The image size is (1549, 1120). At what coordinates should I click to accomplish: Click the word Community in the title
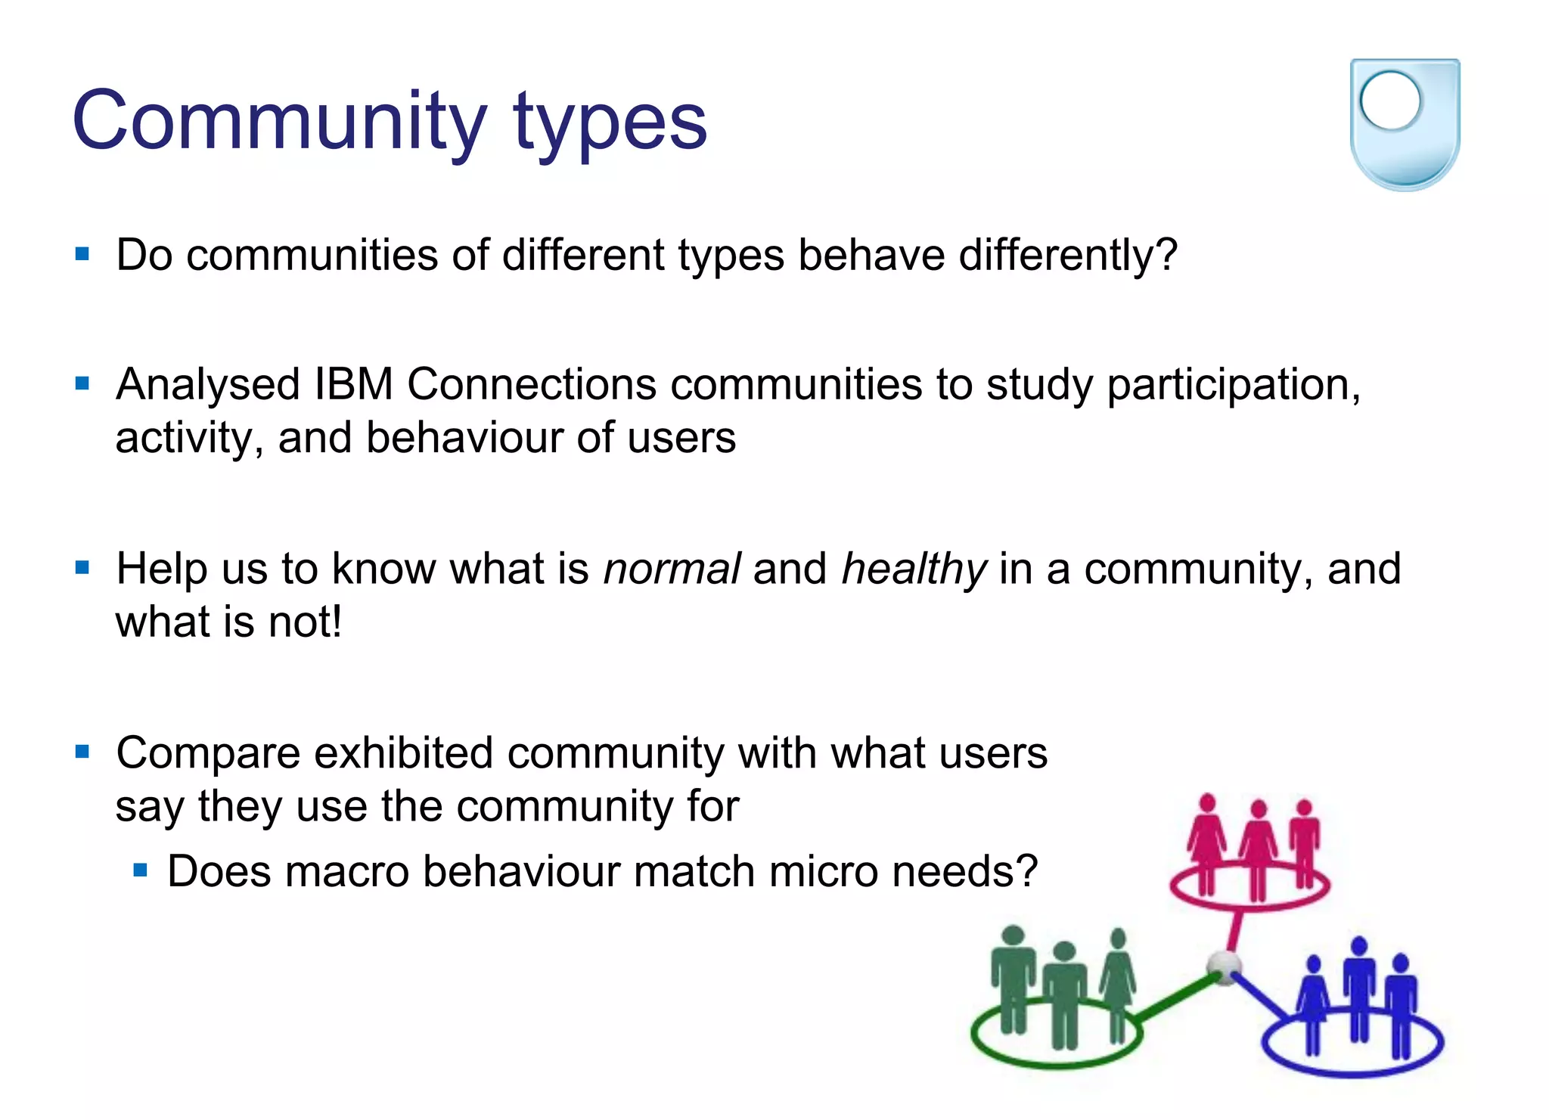[x=280, y=121]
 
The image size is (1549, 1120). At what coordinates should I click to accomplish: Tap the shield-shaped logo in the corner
[x=1405, y=125]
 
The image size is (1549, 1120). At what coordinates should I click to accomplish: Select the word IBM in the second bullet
[x=353, y=384]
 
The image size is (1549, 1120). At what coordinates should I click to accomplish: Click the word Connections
[x=532, y=384]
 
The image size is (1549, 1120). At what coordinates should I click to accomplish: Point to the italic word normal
[x=672, y=569]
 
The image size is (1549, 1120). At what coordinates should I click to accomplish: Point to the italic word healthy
[x=914, y=570]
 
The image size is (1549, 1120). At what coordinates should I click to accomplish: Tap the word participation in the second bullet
[x=1233, y=386]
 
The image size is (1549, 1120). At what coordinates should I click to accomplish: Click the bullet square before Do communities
[x=82, y=254]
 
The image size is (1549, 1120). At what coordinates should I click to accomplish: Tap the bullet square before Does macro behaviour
[x=140, y=870]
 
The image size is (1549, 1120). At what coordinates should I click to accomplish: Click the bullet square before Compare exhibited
[x=82, y=752]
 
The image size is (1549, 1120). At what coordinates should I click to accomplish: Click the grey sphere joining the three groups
[x=1223, y=966]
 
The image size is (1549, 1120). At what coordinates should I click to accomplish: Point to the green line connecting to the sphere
[x=1176, y=998]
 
